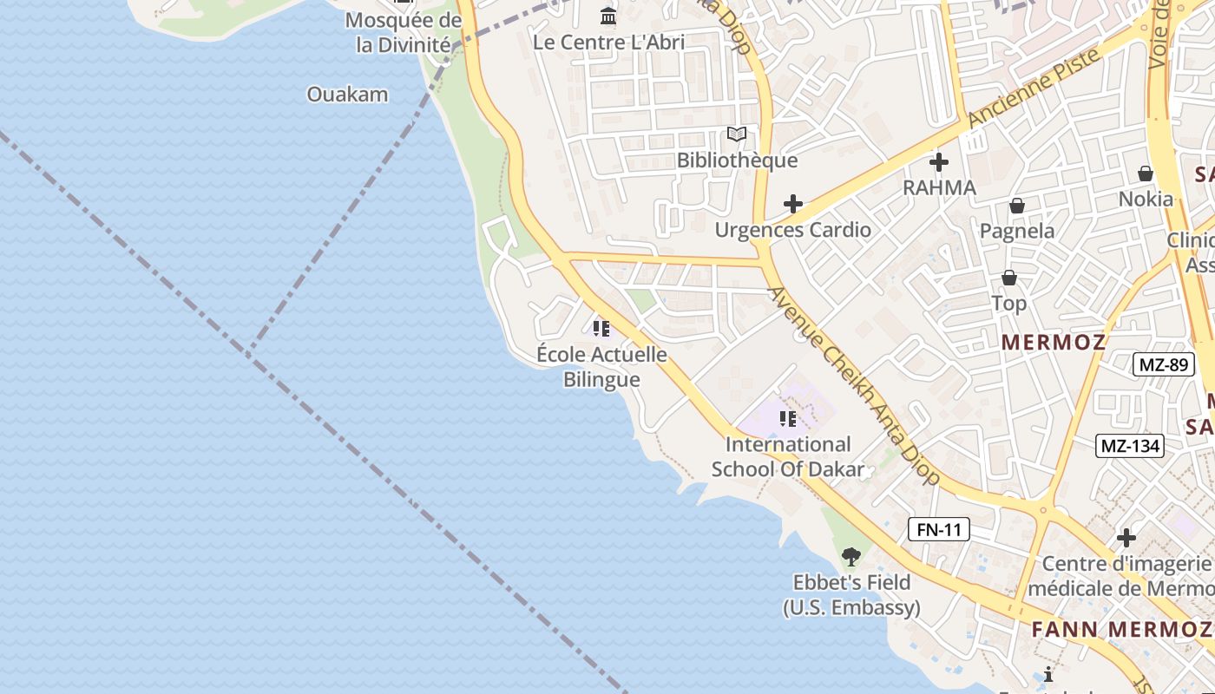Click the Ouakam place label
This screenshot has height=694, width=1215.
pyautogui.click(x=347, y=95)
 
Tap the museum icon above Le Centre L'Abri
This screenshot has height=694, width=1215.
pyautogui.click(x=608, y=16)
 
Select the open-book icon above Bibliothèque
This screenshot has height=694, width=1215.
pyautogui.click(x=737, y=134)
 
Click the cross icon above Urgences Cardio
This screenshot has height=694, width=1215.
pyautogui.click(x=792, y=204)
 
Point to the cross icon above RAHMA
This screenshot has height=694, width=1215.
pyautogui.click(x=938, y=162)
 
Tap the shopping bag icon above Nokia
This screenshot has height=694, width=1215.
pyautogui.click(x=1146, y=173)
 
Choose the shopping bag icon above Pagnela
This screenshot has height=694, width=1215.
pyautogui.click(x=1016, y=206)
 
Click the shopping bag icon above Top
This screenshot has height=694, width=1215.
pyautogui.click(x=1008, y=278)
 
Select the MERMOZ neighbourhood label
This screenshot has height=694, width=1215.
pyautogui.click(x=1054, y=342)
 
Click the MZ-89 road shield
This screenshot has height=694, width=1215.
pyautogui.click(x=1163, y=364)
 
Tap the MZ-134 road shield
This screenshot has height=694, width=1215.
pyautogui.click(x=1129, y=446)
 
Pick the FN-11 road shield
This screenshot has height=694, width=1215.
pyautogui.click(x=939, y=529)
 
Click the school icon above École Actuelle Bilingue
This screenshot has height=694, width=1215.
pyautogui.click(x=601, y=329)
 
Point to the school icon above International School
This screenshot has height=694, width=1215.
pyautogui.click(x=787, y=419)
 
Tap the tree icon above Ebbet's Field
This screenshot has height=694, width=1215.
pyautogui.click(x=851, y=556)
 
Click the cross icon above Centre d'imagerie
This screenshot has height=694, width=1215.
pyautogui.click(x=1126, y=538)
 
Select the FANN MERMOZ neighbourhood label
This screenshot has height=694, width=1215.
pyautogui.click(x=1120, y=629)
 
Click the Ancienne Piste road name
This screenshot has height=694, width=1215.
pyautogui.click(x=1034, y=86)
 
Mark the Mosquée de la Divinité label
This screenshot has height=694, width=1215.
pyautogui.click(x=404, y=33)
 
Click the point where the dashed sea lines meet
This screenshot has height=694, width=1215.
pyautogui.click(x=251, y=350)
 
